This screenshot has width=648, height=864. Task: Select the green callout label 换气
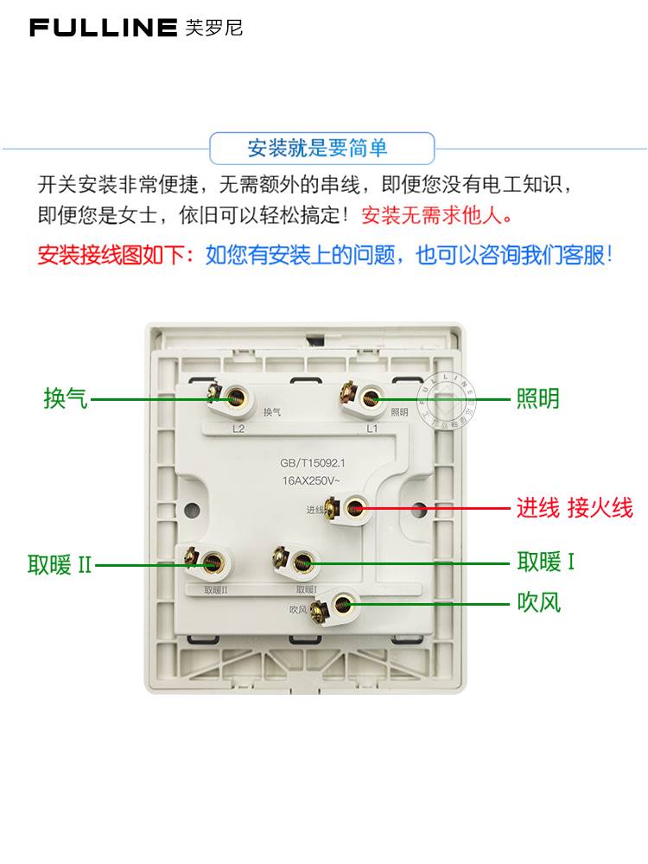click(66, 398)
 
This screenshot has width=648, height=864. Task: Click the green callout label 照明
click(538, 398)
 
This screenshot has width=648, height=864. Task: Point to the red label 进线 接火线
click(575, 508)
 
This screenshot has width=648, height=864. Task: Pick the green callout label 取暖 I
click(546, 562)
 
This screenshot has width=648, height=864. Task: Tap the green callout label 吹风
click(538, 601)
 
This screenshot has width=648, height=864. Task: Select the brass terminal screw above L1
click(371, 398)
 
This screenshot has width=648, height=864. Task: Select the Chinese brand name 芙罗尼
click(214, 28)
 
